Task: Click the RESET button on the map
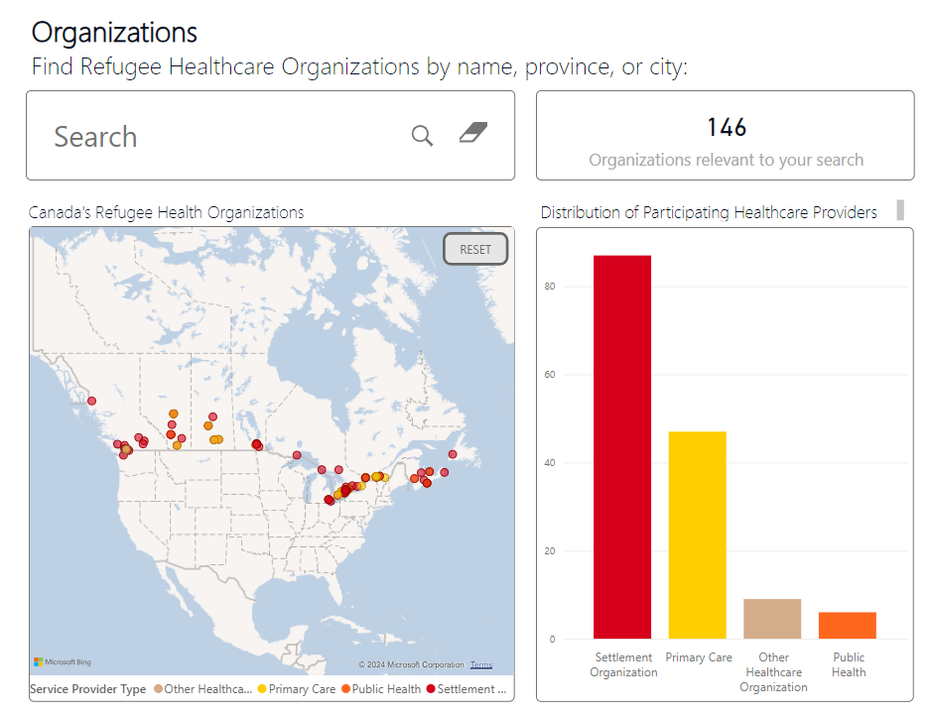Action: coord(475,249)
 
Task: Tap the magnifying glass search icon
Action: coord(422,136)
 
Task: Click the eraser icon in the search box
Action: coord(473,133)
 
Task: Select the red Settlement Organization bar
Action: coord(622,447)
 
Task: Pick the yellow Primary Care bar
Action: coord(697,535)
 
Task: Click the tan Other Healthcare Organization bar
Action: coord(772,619)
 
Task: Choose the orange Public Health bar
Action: coord(847,625)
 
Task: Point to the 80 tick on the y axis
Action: coord(550,287)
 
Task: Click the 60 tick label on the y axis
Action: coord(550,375)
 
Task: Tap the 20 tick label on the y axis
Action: coord(550,551)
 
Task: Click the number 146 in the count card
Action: coord(727,127)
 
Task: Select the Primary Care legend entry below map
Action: coord(297,689)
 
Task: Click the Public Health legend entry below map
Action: coord(381,689)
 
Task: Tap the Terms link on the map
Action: coord(481,664)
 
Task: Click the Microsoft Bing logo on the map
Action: coord(63,661)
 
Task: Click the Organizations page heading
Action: coord(114,32)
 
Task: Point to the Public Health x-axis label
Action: coord(849,664)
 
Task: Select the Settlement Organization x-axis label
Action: coord(623,664)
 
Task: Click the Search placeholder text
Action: coord(95,137)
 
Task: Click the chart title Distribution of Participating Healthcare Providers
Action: coord(709,212)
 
